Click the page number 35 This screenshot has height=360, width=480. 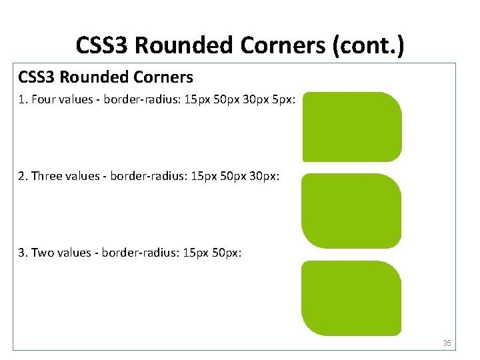447,343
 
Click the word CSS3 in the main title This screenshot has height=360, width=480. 103,45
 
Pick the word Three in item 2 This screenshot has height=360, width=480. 47,176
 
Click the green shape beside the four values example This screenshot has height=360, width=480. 352,127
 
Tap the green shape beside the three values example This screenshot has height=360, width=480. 351,211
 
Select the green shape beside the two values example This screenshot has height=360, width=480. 351,298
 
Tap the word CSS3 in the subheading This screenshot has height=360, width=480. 37,77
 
